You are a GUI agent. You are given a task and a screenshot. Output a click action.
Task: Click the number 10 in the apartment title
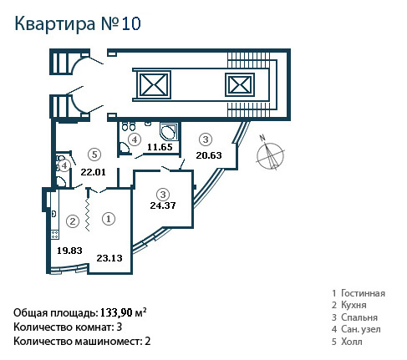pos(131,23)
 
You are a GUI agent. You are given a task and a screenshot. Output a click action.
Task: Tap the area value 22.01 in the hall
pos(94,172)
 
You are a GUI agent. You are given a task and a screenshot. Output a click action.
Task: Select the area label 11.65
pos(160,147)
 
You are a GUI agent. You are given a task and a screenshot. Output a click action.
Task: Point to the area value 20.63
pos(209,155)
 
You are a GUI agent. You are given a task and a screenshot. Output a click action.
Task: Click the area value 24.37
pos(163,205)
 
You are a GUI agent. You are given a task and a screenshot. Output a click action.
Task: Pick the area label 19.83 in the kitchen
pos(69,251)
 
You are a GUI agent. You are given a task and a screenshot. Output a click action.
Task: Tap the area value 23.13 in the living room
pos(109,258)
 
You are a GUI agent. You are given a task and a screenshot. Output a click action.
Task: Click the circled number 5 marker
pos(94,155)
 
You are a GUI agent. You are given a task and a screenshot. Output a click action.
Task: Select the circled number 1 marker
pos(109,219)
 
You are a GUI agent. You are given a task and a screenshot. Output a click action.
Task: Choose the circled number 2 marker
pos(73,221)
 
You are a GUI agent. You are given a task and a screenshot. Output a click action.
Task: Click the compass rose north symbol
pos(270,155)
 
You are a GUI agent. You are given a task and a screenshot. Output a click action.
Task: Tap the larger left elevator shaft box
pos(153,84)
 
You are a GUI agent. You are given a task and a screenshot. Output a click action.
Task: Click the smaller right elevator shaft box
pos(240,84)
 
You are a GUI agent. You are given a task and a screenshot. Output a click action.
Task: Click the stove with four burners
pos(55,235)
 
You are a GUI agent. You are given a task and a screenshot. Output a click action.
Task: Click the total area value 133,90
pos(116,312)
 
